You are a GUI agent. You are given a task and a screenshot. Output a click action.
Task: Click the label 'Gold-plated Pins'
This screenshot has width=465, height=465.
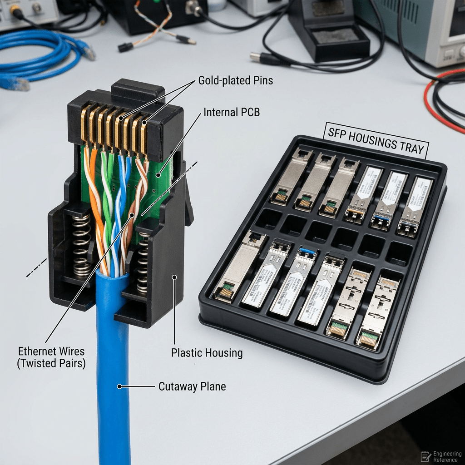point(236,81)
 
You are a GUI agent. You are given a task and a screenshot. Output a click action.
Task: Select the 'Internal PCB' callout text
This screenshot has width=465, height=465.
point(232,112)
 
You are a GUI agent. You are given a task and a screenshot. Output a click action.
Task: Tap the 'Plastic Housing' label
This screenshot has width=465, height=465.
point(207,352)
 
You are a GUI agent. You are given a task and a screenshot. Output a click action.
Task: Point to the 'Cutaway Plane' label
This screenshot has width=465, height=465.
point(192,386)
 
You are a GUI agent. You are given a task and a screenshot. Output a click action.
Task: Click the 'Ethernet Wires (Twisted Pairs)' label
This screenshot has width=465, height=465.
point(51,357)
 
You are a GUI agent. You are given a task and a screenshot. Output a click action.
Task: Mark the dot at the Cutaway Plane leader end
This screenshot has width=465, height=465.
point(119,386)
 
